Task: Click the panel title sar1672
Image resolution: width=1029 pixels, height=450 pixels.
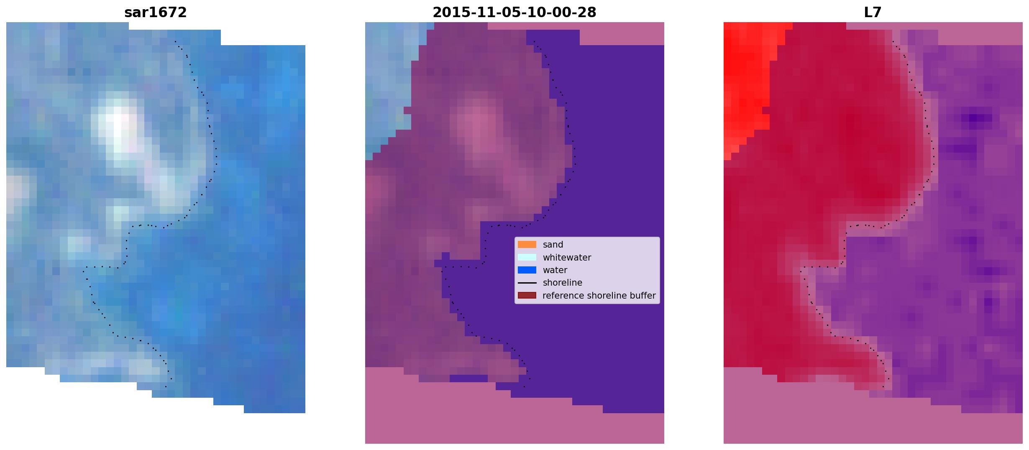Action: (x=155, y=13)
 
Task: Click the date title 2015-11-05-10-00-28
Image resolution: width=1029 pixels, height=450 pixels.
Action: (x=514, y=13)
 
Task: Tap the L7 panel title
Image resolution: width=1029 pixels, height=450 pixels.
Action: (x=873, y=13)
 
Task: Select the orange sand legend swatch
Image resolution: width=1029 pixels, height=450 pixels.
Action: (x=527, y=245)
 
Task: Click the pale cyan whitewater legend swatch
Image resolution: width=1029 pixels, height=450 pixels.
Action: (x=527, y=257)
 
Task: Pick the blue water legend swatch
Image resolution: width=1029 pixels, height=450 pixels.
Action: (x=527, y=270)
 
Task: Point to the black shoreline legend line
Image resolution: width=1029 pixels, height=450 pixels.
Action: (x=527, y=283)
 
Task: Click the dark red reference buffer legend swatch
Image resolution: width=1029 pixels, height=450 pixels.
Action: (x=527, y=295)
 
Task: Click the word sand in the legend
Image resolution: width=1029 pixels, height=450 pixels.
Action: (x=553, y=245)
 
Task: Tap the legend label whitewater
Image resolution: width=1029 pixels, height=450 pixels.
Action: (x=567, y=257)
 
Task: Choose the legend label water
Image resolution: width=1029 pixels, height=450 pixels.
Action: (x=555, y=270)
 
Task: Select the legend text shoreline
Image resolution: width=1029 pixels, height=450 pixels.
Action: (x=563, y=283)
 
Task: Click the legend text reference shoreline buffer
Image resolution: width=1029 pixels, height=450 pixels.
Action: (x=599, y=295)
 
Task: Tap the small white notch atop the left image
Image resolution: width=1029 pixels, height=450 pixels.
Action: (x=175, y=26)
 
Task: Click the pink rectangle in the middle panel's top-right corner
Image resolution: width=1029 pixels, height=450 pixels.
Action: (x=622, y=33)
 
